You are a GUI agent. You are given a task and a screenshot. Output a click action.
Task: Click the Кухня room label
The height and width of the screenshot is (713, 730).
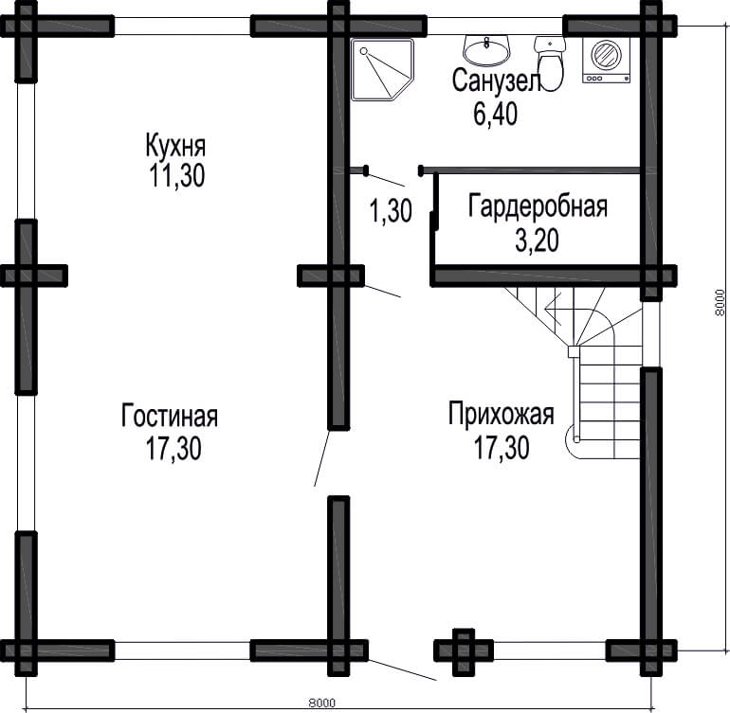[175, 145]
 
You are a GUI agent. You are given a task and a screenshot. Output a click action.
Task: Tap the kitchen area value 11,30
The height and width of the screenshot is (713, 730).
[177, 175]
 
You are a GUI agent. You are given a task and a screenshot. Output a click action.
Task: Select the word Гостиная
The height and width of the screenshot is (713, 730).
[170, 415]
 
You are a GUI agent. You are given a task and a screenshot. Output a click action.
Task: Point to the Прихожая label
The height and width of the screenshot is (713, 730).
[501, 413]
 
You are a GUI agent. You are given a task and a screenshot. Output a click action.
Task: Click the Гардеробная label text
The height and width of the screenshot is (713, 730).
[538, 206]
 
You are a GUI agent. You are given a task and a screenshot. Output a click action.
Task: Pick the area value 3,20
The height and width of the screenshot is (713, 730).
[537, 241]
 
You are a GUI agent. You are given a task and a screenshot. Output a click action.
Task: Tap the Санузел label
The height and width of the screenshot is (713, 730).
[496, 80]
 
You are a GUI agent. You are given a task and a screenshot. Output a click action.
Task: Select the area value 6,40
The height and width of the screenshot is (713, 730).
[495, 114]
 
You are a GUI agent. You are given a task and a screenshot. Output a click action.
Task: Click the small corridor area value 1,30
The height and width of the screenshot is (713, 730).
[391, 210]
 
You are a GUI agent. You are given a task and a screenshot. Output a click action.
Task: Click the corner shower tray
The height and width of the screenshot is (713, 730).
[382, 70]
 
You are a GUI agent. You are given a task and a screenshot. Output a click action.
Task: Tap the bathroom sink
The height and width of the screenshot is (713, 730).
[487, 51]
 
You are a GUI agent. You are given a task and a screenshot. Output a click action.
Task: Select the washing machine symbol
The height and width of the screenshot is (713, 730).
[606, 60]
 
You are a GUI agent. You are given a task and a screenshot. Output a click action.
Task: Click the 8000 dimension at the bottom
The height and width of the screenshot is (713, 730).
[321, 703]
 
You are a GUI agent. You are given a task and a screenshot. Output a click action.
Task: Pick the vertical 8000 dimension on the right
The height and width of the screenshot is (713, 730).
[720, 303]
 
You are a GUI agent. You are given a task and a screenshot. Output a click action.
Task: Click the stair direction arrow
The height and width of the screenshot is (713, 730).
[553, 308]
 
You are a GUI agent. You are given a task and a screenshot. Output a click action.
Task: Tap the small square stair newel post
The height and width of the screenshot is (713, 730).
[574, 351]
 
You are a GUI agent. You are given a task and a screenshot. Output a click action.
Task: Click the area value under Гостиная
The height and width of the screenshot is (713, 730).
[173, 448]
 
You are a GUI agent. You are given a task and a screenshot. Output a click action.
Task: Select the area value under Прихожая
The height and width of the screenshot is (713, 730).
[502, 447]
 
